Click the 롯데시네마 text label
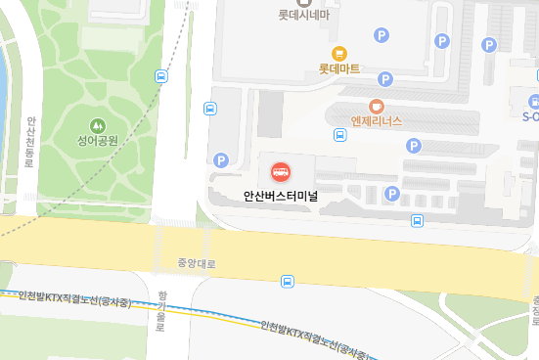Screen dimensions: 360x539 [303, 16]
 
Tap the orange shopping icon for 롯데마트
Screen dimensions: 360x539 [339, 53]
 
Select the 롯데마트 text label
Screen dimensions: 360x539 [339, 69]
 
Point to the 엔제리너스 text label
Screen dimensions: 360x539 [377, 121]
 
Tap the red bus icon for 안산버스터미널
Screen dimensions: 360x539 [281, 173]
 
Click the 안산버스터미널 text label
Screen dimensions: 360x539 [282, 195]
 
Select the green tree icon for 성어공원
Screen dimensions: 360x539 [98, 124]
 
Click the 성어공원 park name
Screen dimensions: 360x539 [98, 141]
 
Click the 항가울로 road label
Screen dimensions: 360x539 [162, 312]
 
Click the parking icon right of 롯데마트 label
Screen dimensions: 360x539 [385, 78]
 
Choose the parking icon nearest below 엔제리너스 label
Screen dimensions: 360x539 [414, 146]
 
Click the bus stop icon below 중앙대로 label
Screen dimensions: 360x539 [288, 282]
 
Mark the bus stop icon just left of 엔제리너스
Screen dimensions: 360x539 [339, 134]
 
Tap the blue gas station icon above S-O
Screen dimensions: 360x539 [534, 100]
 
